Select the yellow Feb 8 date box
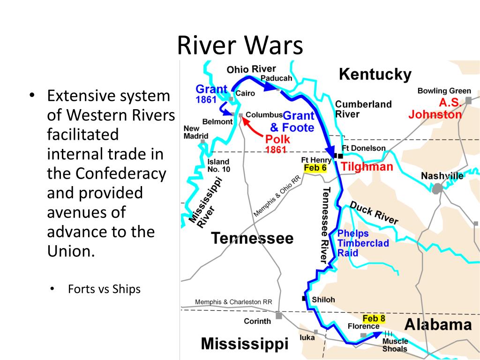(374, 319)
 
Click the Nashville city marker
(437, 188)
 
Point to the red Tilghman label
(367, 167)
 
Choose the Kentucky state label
(375, 74)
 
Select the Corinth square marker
(279, 316)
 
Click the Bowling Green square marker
(468, 100)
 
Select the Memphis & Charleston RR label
(233, 302)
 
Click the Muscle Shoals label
(395, 345)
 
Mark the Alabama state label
(438, 325)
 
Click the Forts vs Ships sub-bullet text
(104, 289)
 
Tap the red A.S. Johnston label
(435, 109)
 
